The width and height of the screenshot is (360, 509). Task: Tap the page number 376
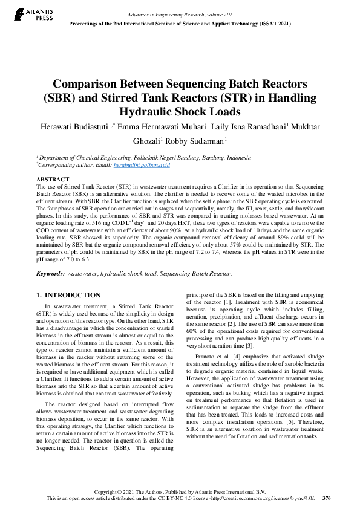click(x=327, y=499)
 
